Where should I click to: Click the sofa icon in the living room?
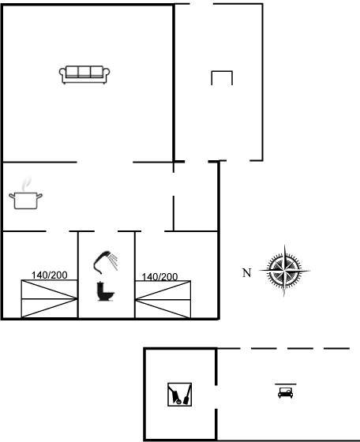(84, 75)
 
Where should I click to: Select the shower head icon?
(106, 262)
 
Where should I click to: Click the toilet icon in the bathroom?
(105, 291)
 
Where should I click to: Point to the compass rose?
(284, 271)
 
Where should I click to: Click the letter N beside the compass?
(246, 273)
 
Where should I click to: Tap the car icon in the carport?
(286, 392)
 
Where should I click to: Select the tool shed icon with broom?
(179, 395)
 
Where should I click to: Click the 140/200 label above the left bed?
(49, 275)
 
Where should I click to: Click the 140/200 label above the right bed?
(159, 277)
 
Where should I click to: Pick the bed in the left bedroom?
(49, 299)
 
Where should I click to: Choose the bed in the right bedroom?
(163, 299)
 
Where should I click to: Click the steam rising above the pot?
(26, 184)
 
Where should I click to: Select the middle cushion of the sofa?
(84, 72)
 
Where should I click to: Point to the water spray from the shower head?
(114, 261)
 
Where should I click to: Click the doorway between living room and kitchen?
(105, 162)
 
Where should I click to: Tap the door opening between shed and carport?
(216, 397)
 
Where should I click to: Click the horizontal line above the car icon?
(286, 384)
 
